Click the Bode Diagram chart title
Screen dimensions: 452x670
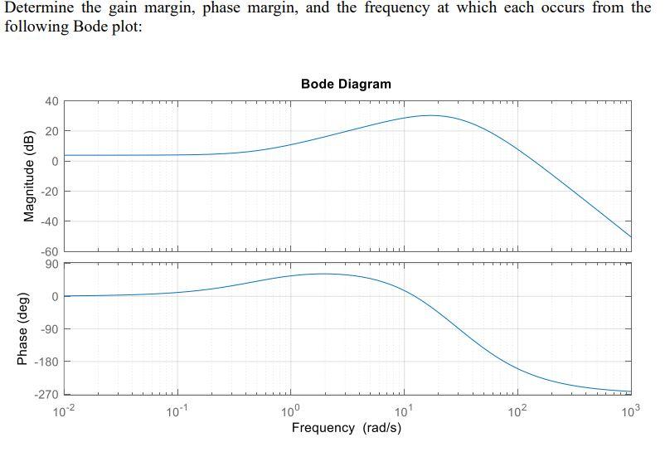coord(346,84)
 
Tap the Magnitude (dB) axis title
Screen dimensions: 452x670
coord(29,176)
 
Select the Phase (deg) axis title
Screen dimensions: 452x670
coord(22,328)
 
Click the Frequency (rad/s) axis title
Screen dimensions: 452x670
coord(346,428)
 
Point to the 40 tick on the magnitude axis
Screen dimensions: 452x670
coord(51,101)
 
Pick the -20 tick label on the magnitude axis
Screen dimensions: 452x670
coord(49,192)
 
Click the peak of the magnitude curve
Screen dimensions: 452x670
coord(430,115)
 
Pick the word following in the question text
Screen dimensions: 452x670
coord(33,25)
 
